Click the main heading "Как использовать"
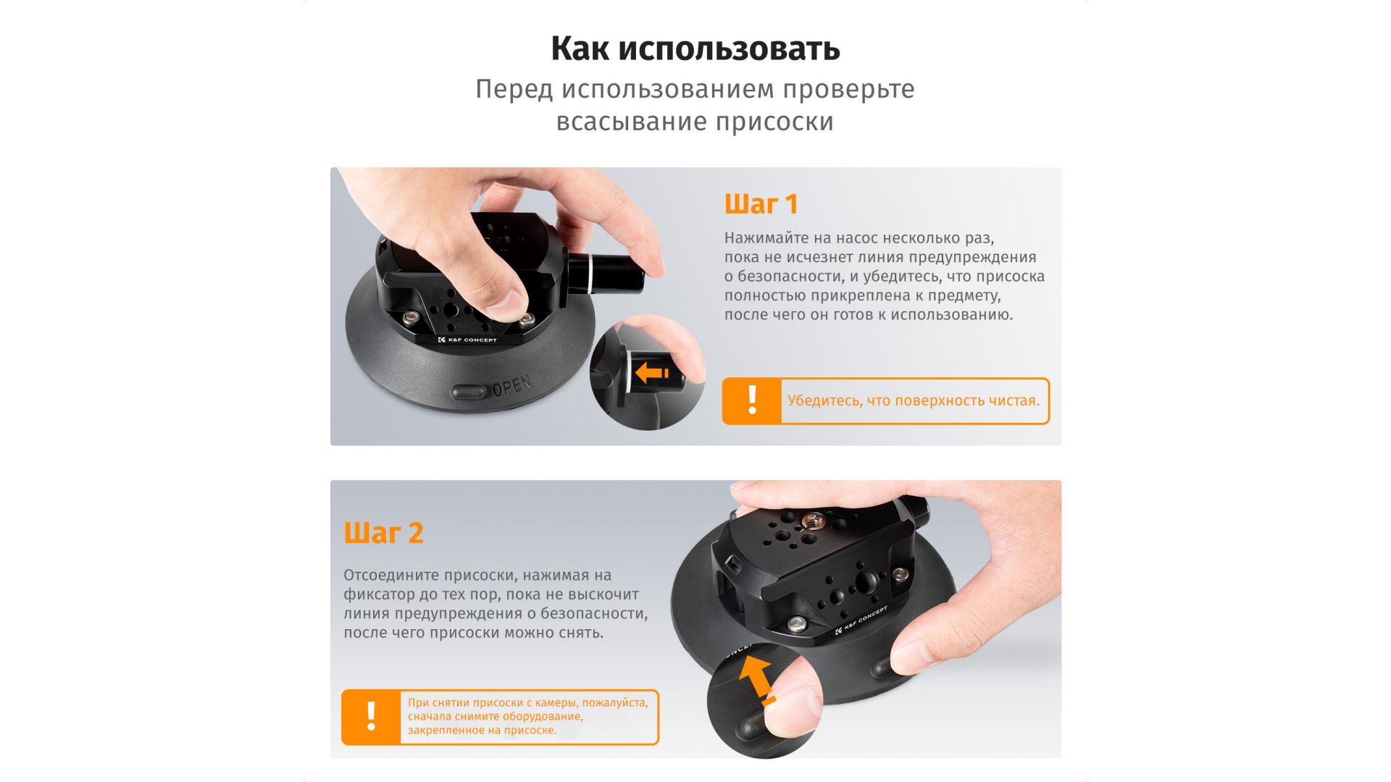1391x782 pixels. (x=695, y=49)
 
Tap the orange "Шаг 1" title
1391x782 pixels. (x=761, y=204)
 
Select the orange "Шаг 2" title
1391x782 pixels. (x=383, y=533)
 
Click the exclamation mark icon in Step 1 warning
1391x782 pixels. (x=752, y=400)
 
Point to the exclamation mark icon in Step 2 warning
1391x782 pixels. (x=371, y=717)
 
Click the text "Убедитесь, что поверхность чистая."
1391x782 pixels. (x=914, y=400)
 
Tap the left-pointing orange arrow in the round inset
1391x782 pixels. (x=652, y=373)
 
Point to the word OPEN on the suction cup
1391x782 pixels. (x=511, y=386)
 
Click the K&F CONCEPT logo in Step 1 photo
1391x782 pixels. (x=467, y=340)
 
